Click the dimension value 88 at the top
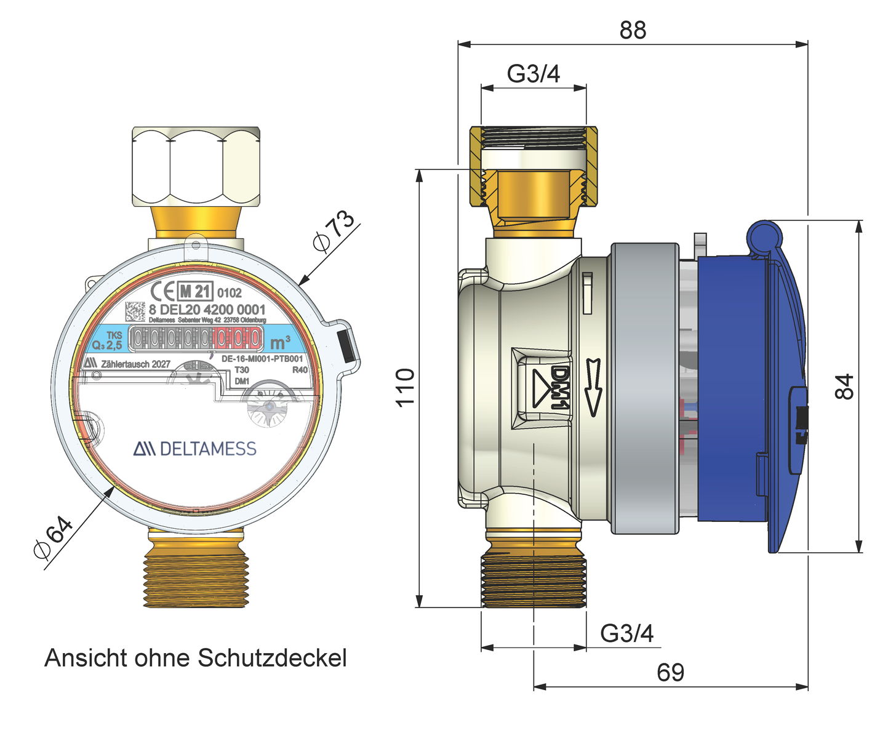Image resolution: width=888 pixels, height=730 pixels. [633, 30]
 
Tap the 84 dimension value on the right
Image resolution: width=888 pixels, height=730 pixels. [846, 387]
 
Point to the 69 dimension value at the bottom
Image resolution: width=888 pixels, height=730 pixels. [670, 673]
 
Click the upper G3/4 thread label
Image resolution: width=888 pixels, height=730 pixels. [534, 74]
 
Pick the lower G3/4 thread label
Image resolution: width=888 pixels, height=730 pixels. [626, 633]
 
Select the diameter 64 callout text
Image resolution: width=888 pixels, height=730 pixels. [53, 538]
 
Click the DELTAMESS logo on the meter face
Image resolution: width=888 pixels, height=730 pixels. [195, 449]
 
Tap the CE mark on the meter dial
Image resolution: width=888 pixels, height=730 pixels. [162, 291]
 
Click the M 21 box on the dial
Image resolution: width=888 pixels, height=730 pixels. [195, 291]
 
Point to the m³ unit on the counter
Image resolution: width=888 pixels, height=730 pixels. [280, 342]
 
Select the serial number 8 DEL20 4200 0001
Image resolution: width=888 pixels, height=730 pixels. [207, 310]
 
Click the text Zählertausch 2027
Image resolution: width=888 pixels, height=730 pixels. [135, 364]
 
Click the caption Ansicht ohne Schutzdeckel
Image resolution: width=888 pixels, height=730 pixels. [196, 658]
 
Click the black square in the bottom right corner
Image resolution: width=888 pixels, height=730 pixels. [861, 685]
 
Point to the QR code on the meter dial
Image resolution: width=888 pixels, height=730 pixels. [135, 311]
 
